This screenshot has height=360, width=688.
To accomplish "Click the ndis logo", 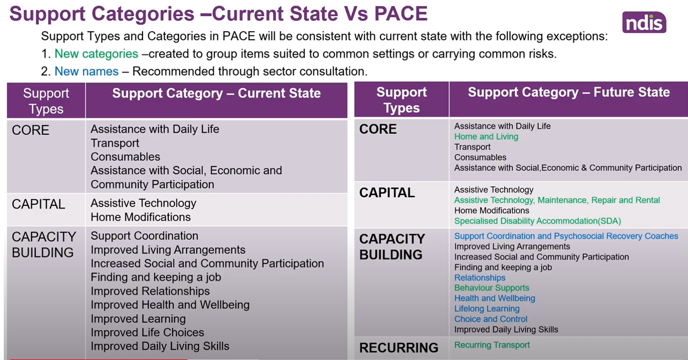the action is [644, 22].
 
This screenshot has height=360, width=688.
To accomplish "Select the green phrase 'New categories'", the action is [96, 54].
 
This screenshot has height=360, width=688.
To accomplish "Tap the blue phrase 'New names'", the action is [87, 71].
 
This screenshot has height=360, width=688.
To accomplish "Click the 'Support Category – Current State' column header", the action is [216, 93].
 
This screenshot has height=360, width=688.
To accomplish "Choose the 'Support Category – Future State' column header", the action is [569, 92].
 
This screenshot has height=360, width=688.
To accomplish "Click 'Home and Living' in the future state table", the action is [486, 136].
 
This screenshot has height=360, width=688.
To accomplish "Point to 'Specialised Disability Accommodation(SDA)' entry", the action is [537, 221].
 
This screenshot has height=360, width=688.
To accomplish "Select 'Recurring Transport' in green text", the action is [492, 345].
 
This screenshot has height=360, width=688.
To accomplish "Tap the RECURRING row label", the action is [399, 348].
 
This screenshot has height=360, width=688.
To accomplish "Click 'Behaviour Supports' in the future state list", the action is [492, 288].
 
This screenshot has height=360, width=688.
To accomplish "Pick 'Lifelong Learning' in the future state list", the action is [487, 309].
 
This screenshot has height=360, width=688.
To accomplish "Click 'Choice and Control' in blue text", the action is [491, 319].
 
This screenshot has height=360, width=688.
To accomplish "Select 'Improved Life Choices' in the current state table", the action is [147, 333].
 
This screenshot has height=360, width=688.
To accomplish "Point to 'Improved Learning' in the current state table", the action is [138, 319].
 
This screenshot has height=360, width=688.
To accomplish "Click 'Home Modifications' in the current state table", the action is [140, 217].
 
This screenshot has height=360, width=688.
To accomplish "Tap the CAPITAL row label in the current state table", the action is [38, 204].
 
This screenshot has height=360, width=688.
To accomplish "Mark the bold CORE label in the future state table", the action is [378, 129].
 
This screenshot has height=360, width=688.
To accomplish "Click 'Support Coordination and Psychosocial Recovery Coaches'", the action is [566, 236].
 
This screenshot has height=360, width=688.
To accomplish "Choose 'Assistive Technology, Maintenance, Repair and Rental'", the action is [557, 200].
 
